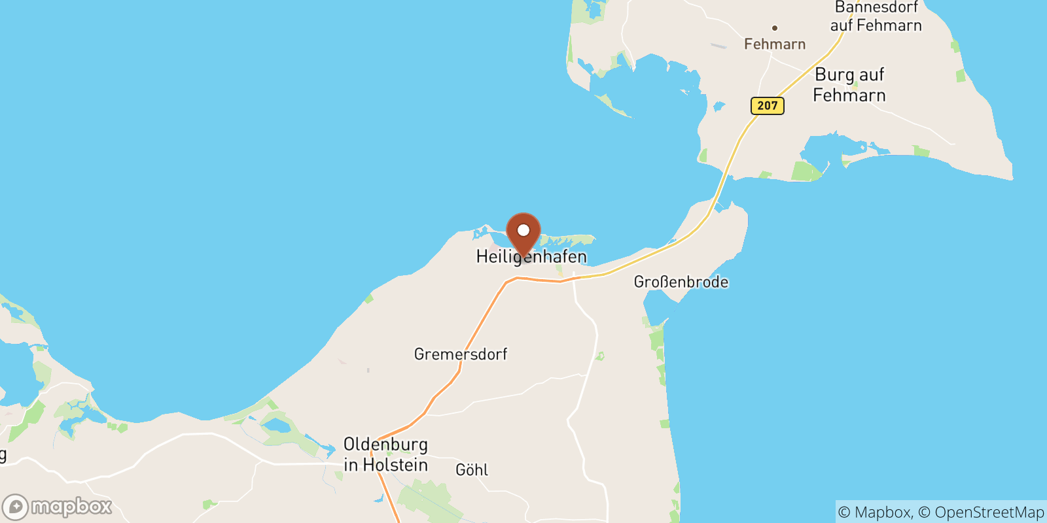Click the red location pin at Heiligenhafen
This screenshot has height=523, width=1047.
523,235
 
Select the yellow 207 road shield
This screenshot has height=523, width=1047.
767,106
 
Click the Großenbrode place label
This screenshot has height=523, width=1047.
681,282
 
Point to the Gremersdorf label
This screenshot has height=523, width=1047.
460,354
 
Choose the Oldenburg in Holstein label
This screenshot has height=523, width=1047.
385,454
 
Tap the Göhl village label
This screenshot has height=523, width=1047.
472,469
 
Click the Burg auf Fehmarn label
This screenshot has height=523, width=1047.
849,85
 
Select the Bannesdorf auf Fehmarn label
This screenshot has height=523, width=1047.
876,16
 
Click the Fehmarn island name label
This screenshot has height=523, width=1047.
775,44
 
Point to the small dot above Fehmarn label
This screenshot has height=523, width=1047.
775,28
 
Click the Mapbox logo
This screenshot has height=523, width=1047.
58,507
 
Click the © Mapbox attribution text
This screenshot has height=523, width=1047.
874,513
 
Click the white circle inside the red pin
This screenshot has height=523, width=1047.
523,230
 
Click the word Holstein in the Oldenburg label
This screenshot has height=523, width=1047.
395,465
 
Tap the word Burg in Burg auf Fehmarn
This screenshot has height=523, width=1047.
834,75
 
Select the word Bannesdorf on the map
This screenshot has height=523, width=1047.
876,7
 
